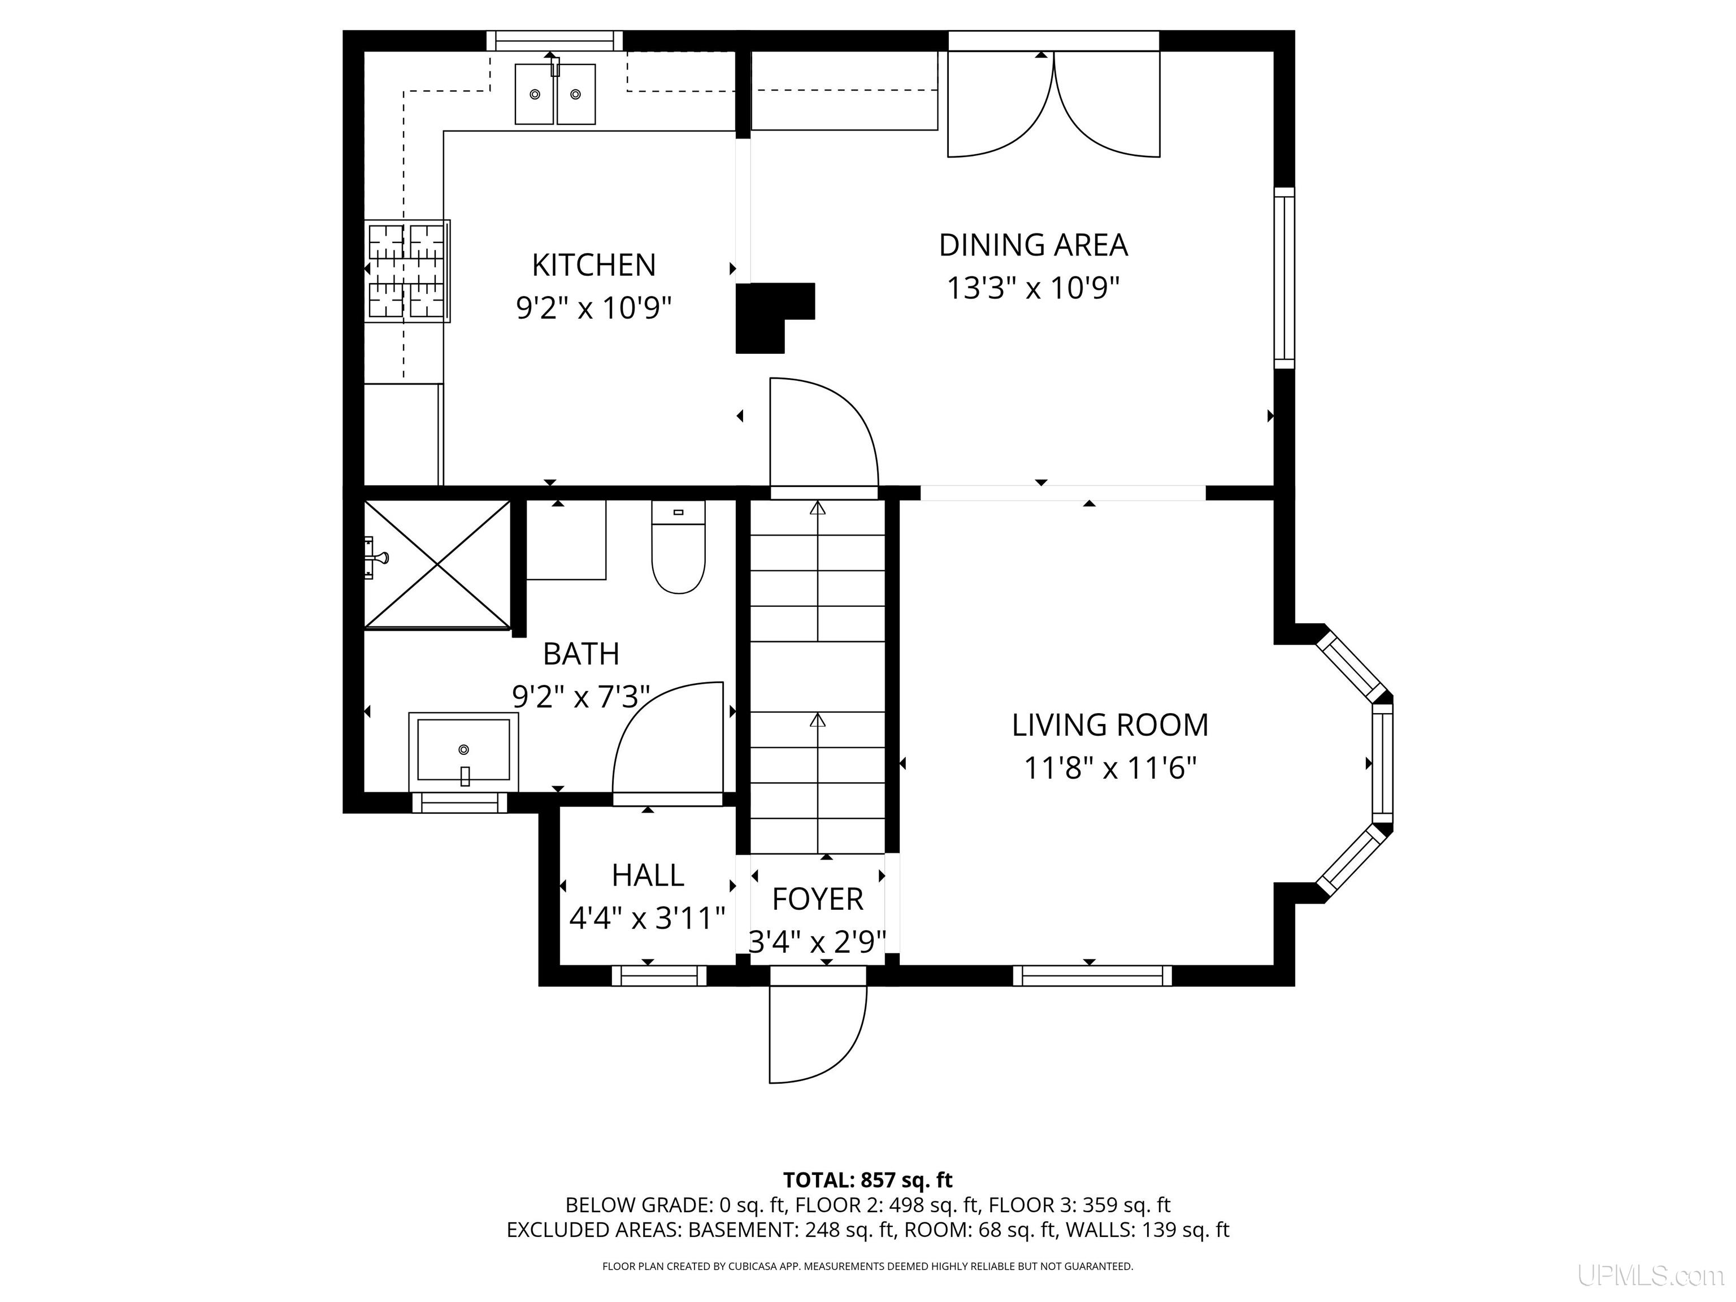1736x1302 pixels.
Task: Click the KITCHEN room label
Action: (x=593, y=265)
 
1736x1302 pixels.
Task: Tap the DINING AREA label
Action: (x=1033, y=245)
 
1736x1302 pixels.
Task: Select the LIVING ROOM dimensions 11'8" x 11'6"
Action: (x=1110, y=767)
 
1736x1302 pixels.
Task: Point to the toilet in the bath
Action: (x=678, y=546)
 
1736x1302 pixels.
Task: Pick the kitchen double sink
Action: (x=555, y=93)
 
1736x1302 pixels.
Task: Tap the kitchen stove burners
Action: (x=407, y=271)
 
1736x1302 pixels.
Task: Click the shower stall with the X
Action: (x=437, y=565)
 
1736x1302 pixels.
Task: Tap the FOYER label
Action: (x=817, y=900)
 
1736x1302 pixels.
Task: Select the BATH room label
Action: (x=581, y=653)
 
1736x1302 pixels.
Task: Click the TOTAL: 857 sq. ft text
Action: (x=867, y=1179)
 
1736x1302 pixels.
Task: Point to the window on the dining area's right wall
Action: (x=1284, y=278)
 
